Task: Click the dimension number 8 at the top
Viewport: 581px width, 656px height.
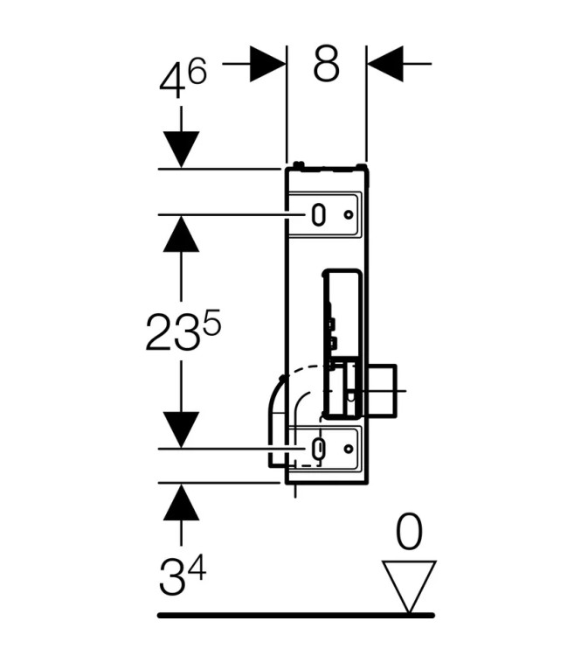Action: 326,64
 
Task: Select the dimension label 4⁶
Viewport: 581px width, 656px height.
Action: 183,79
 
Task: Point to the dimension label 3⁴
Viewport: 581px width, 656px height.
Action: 183,576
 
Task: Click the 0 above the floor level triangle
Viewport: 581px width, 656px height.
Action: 409,532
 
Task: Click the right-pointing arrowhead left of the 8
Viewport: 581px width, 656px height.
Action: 267,64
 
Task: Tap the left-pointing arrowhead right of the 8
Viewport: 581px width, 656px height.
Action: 385,64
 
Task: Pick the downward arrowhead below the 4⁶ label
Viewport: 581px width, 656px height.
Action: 181,150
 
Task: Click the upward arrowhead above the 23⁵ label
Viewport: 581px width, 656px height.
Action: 181,234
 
